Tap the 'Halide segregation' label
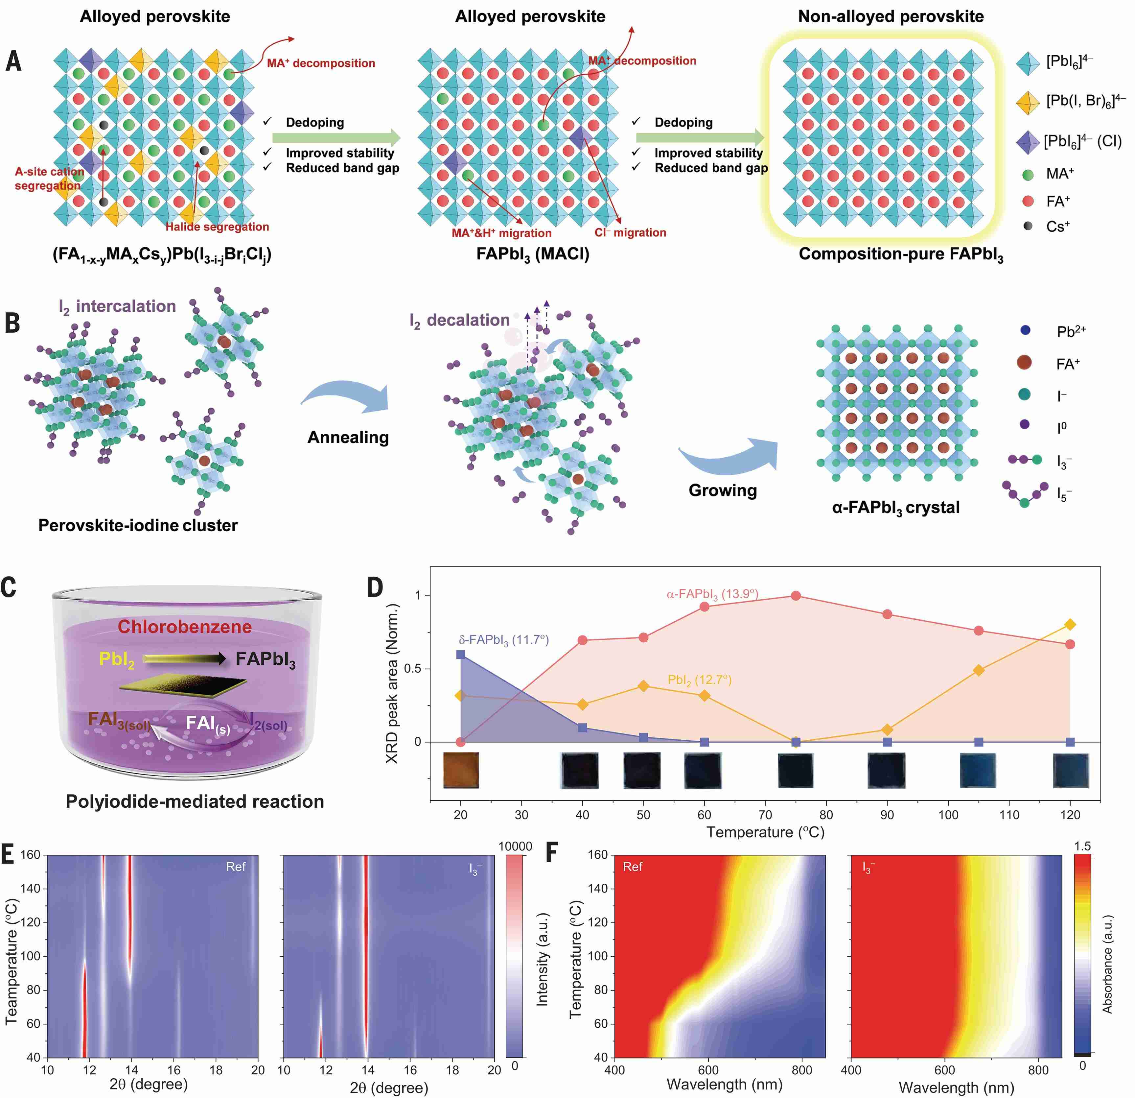pyautogui.click(x=217, y=227)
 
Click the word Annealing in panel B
pyautogui.click(x=348, y=438)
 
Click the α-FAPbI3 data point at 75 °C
pyautogui.click(x=796, y=596)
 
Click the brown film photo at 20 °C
pyautogui.click(x=461, y=770)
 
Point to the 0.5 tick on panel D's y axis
pyautogui.click(x=412, y=669)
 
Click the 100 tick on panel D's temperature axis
pyautogui.click(x=948, y=815)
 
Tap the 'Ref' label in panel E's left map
pyautogui.click(x=236, y=867)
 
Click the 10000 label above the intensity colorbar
pyautogui.click(x=515, y=847)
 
